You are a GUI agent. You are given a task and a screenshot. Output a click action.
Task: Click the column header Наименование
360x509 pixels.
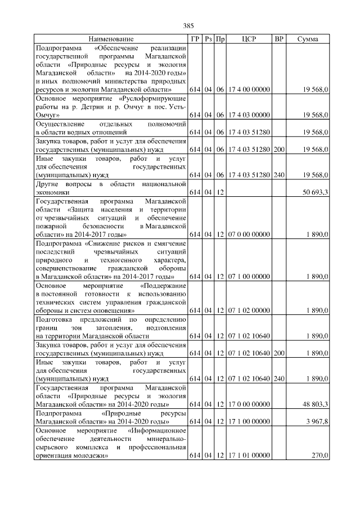(x=111, y=39)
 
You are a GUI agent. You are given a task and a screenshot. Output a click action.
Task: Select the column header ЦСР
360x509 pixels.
(x=249, y=39)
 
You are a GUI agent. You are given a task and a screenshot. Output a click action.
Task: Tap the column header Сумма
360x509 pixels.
(x=307, y=39)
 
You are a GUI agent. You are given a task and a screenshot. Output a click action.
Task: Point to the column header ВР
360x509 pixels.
(x=278, y=39)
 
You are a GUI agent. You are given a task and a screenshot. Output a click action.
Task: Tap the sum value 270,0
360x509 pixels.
(x=320, y=455)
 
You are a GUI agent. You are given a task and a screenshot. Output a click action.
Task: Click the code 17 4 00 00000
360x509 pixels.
(x=249, y=90)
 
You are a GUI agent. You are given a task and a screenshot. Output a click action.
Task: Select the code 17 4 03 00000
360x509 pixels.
(x=249, y=115)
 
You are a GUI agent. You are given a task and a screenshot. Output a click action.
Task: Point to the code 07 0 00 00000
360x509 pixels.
(x=249, y=234)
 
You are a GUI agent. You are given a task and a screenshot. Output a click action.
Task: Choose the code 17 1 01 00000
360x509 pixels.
(x=249, y=455)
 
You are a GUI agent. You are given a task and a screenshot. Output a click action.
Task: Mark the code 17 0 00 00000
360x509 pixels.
(x=249, y=404)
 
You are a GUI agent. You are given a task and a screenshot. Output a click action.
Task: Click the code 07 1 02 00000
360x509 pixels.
(x=249, y=310)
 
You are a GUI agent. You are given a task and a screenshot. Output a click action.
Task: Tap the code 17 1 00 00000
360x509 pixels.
(x=249, y=421)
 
